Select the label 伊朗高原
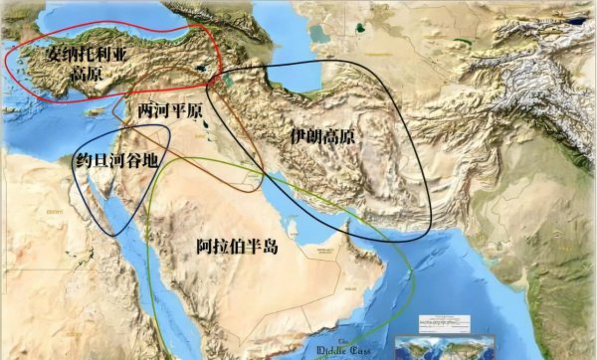[x=320, y=137]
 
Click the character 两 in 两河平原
[x=143, y=109]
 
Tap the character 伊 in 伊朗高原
[x=294, y=137]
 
